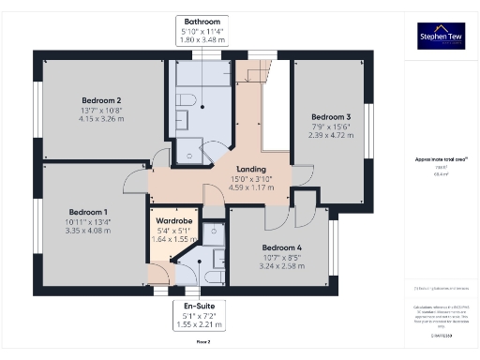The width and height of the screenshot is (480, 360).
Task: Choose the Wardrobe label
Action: point(174,221)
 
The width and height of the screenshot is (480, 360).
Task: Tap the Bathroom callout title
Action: point(202,21)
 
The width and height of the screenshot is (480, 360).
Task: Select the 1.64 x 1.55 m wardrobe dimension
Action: point(174,240)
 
